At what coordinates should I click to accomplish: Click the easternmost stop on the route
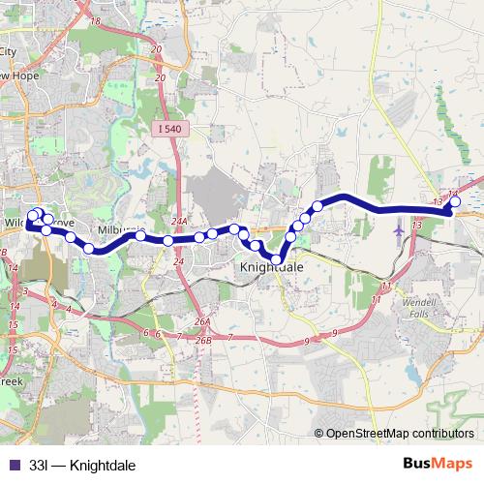[455, 201]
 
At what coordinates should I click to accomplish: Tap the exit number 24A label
[178, 221]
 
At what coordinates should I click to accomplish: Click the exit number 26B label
[202, 341]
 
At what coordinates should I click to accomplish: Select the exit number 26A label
[201, 321]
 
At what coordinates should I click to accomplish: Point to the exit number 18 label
[95, 21]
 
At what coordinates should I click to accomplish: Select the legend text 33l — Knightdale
[82, 466]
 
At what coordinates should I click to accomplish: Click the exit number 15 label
[12, 349]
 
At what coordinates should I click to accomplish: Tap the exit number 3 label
[23, 290]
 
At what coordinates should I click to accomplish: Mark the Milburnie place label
[121, 230]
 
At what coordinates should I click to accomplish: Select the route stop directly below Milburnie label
[140, 235]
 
